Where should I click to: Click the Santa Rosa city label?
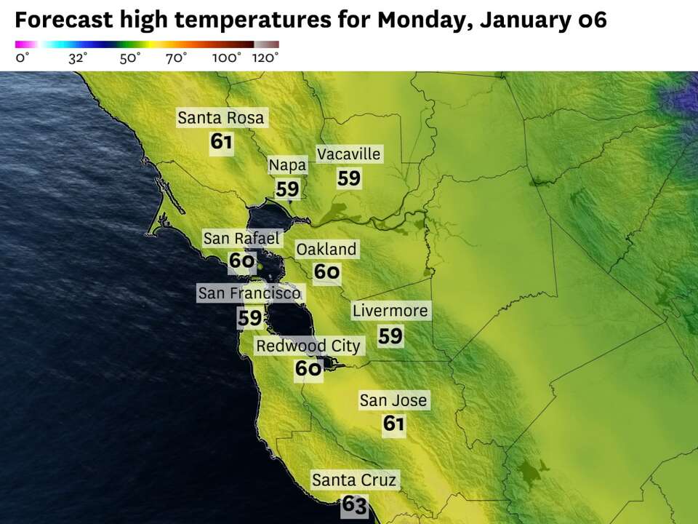tap(221, 118)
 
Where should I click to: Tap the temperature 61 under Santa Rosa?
tap(221, 141)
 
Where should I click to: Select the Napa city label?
tap(287, 165)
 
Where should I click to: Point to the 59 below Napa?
tap(287, 189)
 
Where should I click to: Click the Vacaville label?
tap(348, 154)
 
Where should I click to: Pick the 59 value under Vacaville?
tap(349, 178)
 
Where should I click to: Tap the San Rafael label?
tap(241, 238)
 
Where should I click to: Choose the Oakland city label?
tap(326, 250)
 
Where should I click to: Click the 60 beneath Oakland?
tap(327, 272)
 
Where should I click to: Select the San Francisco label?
tap(249, 293)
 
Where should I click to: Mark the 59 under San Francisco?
tap(249, 318)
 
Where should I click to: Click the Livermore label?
tap(390, 311)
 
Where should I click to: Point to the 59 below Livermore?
tap(390, 336)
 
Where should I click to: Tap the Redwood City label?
tap(308, 346)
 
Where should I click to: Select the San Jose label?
tap(393, 400)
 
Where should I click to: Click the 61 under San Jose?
tap(393, 424)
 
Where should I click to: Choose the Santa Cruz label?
tap(354, 480)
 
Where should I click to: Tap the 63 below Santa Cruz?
tap(354, 504)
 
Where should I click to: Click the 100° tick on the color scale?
tap(227, 58)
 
